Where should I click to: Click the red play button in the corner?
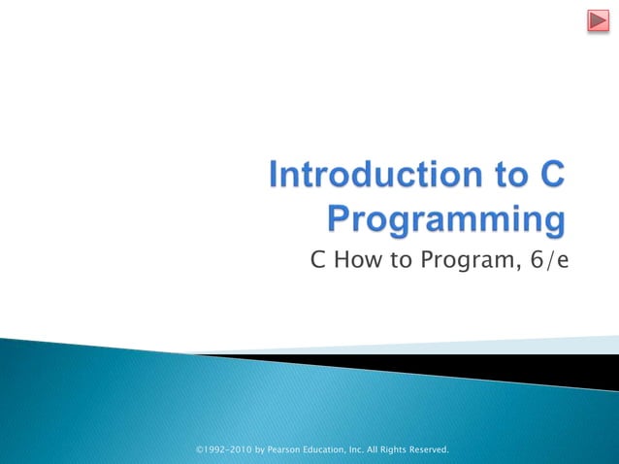[597, 21]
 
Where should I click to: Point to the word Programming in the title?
[446, 219]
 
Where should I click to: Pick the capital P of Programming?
[340, 218]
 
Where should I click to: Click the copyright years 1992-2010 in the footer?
[225, 449]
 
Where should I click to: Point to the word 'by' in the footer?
[259, 449]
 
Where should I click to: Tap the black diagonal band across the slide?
[543, 369]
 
